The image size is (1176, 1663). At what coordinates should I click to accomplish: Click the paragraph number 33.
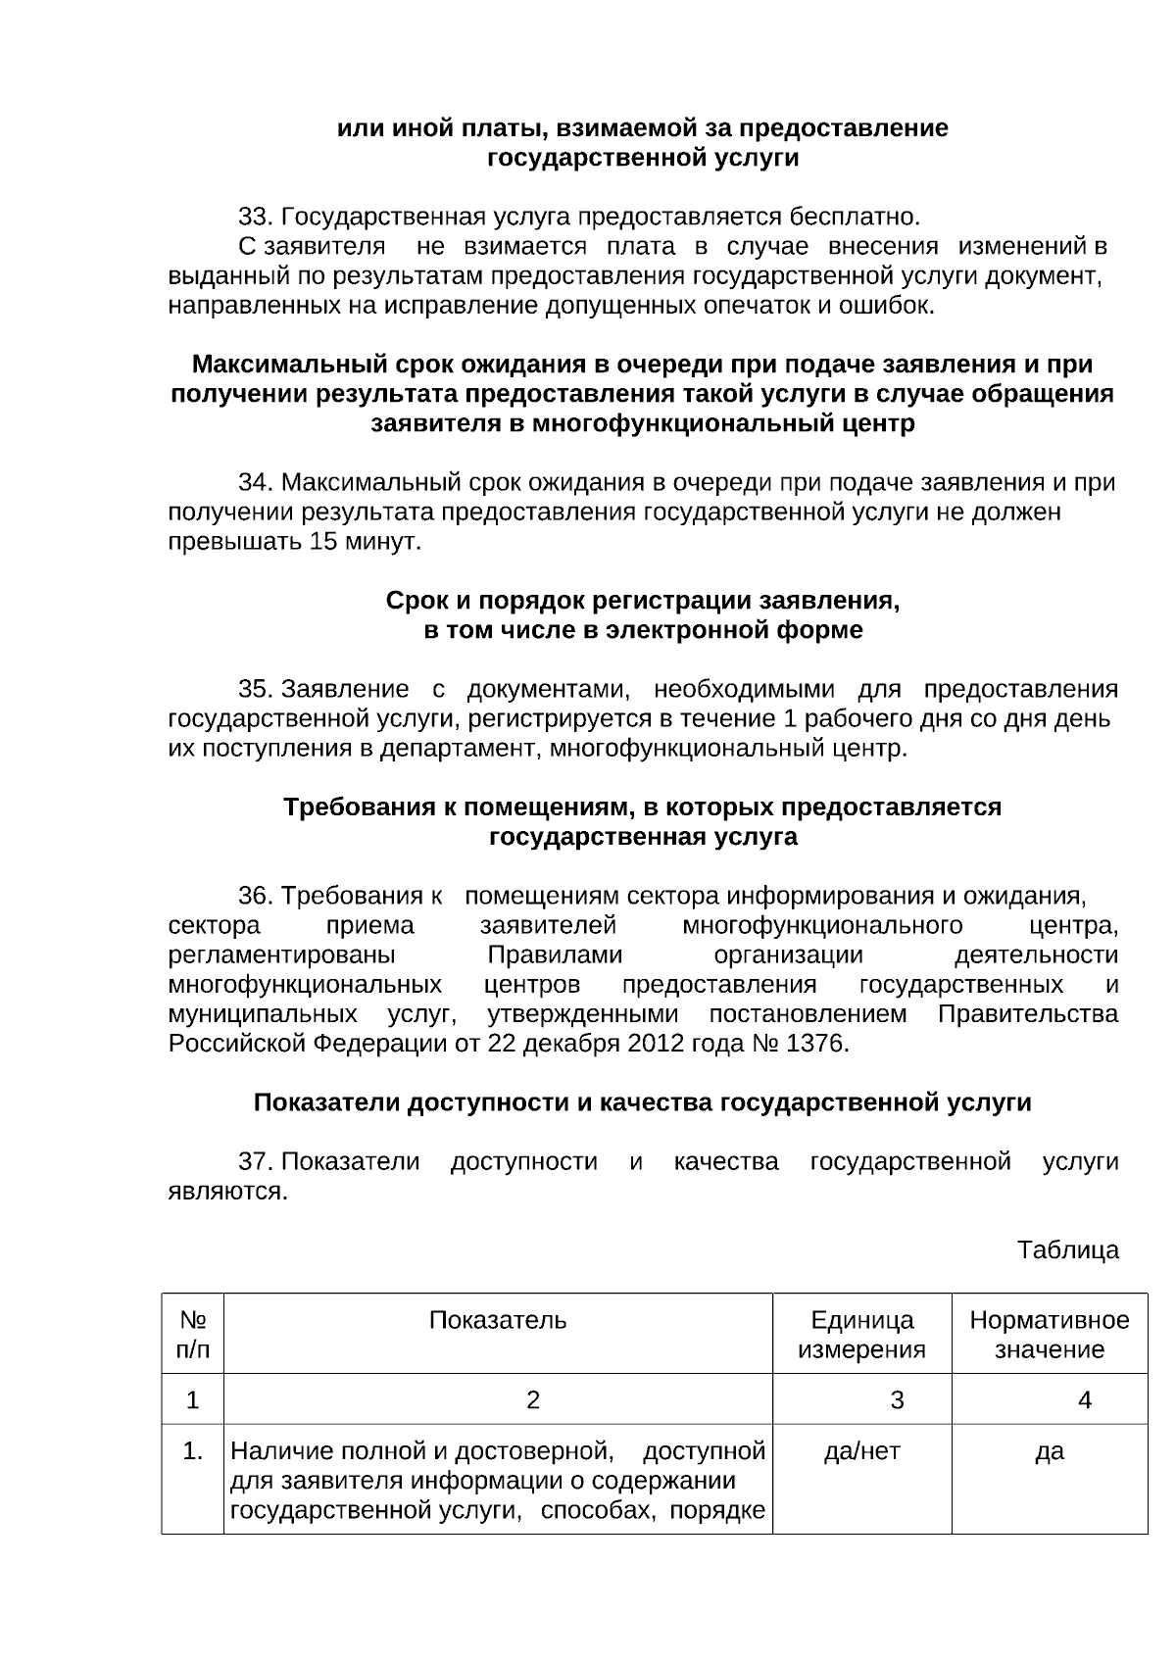(254, 216)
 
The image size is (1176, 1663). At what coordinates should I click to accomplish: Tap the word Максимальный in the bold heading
(289, 365)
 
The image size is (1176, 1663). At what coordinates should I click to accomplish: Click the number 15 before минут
(322, 542)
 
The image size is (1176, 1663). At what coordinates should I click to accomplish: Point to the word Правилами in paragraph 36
(555, 955)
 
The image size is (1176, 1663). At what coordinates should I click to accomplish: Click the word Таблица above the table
(1067, 1250)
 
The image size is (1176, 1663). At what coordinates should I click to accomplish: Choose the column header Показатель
(498, 1320)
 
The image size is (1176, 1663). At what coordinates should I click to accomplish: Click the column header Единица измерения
(861, 1335)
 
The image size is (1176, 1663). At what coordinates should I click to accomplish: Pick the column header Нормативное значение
(1049, 1335)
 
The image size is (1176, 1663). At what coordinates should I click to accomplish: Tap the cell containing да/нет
(861, 1451)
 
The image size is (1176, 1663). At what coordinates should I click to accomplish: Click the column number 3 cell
(897, 1400)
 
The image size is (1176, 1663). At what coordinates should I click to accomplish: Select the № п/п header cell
(193, 1335)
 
